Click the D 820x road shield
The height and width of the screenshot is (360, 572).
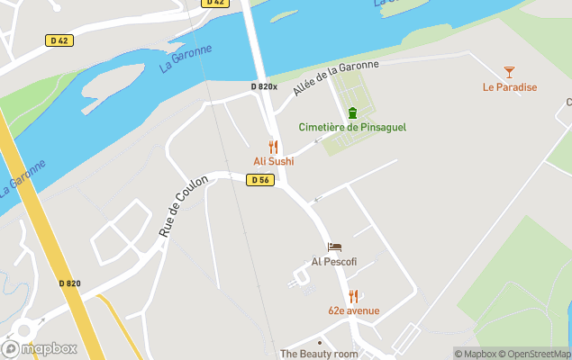pos(264,86)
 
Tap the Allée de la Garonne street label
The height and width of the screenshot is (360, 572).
pos(336,76)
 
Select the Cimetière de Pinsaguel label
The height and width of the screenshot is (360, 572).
pos(352,127)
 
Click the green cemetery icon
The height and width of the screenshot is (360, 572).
pos(352,112)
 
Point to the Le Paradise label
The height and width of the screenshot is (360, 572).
pos(510,87)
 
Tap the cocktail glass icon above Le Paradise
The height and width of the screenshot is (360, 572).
pos(510,71)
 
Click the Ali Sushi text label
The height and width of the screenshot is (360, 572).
pos(273,162)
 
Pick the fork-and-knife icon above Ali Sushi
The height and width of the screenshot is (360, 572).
pos(273,147)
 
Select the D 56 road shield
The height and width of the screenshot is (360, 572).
pos(260,180)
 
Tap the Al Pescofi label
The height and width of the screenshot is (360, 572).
pos(334,262)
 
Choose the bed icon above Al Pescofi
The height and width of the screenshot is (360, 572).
pos(334,247)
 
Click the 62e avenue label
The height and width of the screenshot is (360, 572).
pos(353,311)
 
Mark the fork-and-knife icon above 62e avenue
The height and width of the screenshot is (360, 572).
pos(353,296)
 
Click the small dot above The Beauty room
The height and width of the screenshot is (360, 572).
pos(319,342)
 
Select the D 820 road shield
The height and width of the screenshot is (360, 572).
pos(70,283)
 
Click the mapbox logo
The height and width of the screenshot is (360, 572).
pos(40,348)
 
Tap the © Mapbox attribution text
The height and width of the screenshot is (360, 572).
pos(475,354)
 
